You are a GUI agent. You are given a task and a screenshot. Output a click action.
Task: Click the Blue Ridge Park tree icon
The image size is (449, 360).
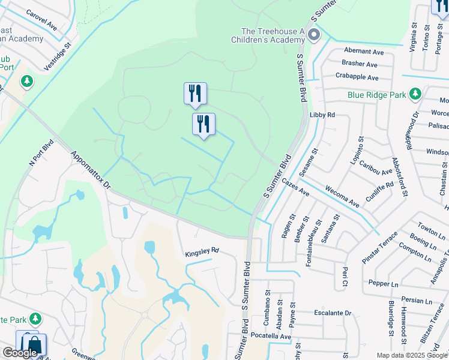point(415,94)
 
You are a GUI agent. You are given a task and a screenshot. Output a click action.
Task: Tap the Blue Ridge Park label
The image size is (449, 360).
point(376,95)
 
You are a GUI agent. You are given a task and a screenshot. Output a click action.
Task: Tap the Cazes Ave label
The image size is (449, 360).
point(295,189)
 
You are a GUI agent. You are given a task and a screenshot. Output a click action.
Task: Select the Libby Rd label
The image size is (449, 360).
point(322,115)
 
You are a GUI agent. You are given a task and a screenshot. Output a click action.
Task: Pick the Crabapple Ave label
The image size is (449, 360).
point(357,77)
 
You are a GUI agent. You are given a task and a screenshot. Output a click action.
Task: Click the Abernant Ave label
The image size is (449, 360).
point(363,52)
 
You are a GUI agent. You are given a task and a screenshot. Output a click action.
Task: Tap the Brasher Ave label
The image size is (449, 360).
point(359,64)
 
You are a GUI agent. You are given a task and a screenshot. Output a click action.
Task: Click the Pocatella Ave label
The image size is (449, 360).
point(271,337)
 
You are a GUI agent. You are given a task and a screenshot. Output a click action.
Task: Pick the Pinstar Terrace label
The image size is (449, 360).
point(379,247)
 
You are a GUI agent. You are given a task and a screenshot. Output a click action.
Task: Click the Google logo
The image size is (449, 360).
point(20,353)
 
